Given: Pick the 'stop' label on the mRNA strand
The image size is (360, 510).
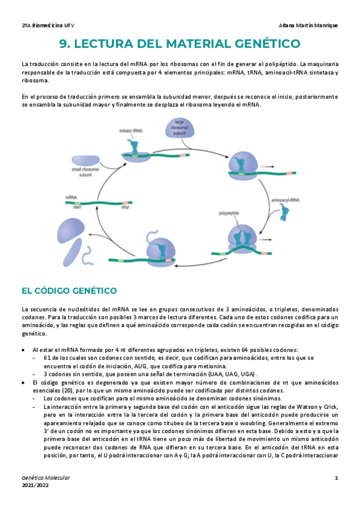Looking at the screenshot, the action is [125, 208].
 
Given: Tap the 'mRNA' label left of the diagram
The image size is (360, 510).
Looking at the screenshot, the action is [71, 197].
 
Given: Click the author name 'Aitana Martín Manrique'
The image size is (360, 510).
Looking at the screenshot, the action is [309, 25].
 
